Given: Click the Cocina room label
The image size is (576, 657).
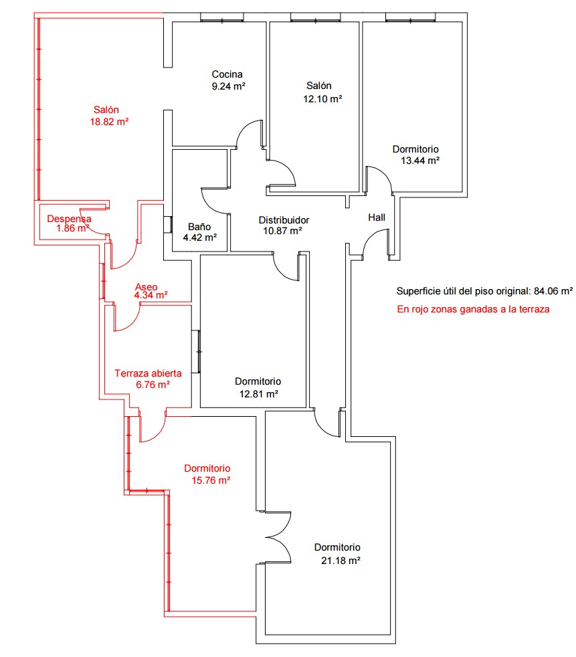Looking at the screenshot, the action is pyautogui.click(x=227, y=74).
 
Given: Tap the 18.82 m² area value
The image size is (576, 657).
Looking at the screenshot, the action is pyautogui.click(x=109, y=122).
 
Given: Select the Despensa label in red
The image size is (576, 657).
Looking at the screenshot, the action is pyautogui.click(x=69, y=219).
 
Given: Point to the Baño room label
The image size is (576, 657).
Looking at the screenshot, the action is pyautogui.click(x=199, y=227).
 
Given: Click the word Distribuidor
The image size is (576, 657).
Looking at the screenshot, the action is pyautogui.click(x=284, y=220).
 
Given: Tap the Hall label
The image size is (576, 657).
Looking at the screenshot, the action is pyautogui.click(x=377, y=217).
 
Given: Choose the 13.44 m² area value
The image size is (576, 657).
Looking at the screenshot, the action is pyautogui.click(x=420, y=161).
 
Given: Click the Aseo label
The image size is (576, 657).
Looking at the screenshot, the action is pyautogui.click(x=147, y=287).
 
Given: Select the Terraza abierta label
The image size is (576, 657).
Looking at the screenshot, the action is pyautogui.click(x=148, y=373).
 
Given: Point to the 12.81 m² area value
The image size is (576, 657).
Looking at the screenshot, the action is pyautogui.click(x=259, y=394).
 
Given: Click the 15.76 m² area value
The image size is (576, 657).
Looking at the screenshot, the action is pyautogui.click(x=211, y=480).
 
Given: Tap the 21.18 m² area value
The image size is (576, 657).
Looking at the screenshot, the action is pyautogui.click(x=341, y=561).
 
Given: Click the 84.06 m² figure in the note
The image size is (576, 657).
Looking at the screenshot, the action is pyautogui.click(x=553, y=291).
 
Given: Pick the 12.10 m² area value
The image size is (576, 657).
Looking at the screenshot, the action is pyautogui.click(x=322, y=99).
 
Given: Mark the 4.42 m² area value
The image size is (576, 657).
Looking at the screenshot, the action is pyautogui.click(x=200, y=238).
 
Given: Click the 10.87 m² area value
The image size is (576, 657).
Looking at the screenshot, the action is pyautogui.click(x=283, y=231).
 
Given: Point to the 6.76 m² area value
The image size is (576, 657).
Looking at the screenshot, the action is pyautogui.click(x=153, y=385).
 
